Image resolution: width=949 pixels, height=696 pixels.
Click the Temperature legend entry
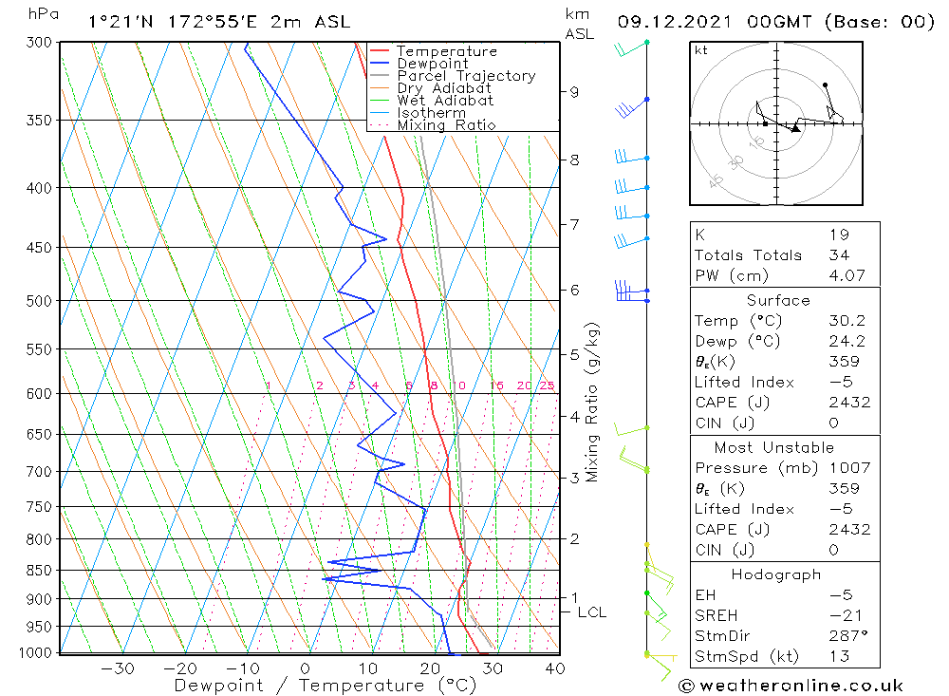(x=446, y=51)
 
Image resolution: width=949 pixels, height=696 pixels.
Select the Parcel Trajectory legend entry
(x=466, y=76)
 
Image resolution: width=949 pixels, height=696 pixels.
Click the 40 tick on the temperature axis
(x=554, y=668)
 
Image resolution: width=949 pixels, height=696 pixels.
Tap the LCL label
(x=591, y=612)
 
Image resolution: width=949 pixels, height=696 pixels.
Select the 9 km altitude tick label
(x=574, y=92)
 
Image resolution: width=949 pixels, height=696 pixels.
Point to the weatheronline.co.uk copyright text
(x=791, y=686)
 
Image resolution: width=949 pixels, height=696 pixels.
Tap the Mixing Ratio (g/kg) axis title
(x=593, y=402)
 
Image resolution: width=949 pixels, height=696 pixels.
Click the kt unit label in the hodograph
(x=701, y=50)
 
